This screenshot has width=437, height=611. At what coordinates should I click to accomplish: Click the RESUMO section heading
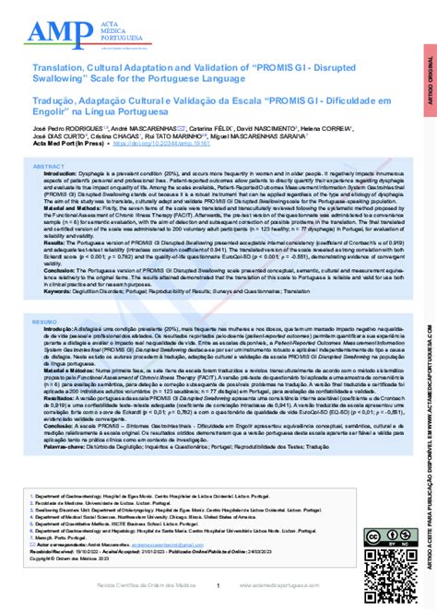(46, 323)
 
